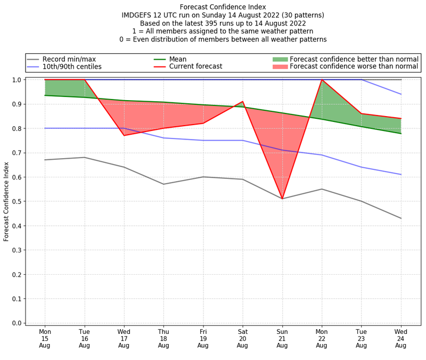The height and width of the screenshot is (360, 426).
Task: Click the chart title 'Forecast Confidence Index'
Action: pyautogui.click(x=223, y=7)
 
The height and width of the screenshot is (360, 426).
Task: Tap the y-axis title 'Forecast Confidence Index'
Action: pyautogui.click(x=6, y=201)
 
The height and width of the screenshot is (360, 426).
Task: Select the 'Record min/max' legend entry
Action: pyautogui.click(x=69, y=59)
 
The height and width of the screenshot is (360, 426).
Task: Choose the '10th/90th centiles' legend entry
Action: pyautogui.click(x=72, y=67)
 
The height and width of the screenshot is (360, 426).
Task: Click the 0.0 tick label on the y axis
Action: pyautogui.click(x=17, y=323)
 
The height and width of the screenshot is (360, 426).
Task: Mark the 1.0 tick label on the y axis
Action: pyautogui.click(x=17, y=80)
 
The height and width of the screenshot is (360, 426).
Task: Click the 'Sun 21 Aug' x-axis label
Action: pyautogui.click(x=282, y=338)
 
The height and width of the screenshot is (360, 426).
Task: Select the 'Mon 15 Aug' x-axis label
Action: pyautogui.click(x=45, y=338)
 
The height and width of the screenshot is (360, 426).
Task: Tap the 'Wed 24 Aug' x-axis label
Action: pyautogui.click(x=400, y=338)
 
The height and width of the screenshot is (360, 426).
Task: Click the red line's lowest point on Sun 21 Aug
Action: pyautogui.click(x=282, y=199)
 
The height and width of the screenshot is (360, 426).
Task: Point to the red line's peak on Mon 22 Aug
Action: pyautogui.click(x=322, y=80)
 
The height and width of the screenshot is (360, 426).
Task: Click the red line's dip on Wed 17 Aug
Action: pyautogui.click(x=124, y=135)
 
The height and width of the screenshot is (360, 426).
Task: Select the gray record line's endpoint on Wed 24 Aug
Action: pyautogui.click(x=400, y=218)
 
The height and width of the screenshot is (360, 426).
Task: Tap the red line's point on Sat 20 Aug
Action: pyautogui.click(x=243, y=102)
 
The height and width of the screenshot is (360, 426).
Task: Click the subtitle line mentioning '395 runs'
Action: pyautogui.click(x=223, y=23)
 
